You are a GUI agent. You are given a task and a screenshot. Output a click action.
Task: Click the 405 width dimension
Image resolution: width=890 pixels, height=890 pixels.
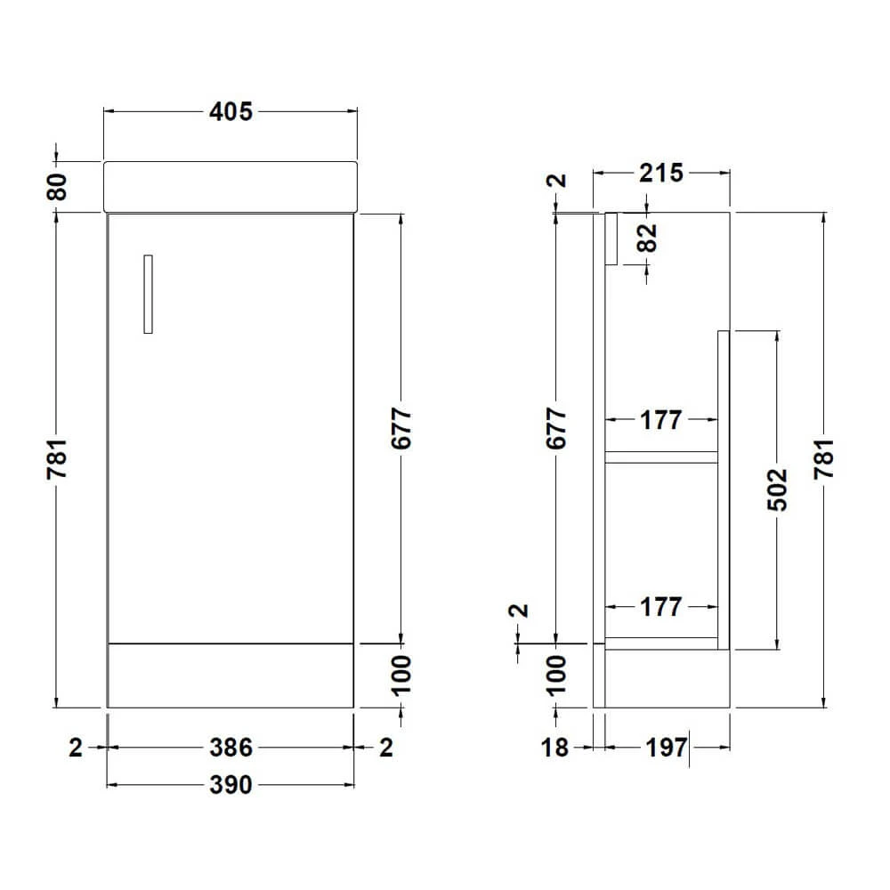[231, 111]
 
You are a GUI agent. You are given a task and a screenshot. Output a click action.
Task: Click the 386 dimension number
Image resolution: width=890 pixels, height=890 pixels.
[231, 748]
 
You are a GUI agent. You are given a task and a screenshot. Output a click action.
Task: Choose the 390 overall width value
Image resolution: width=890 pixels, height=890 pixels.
[231, 784]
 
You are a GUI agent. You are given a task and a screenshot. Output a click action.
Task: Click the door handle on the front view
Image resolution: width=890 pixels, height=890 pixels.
[148, 295]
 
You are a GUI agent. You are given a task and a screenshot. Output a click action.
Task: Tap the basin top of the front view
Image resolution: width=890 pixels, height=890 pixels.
[231, 186]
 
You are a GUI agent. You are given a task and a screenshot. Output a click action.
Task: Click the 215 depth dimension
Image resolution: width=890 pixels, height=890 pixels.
[660, 173]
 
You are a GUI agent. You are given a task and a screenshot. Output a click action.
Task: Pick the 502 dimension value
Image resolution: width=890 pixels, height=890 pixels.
[779, 489]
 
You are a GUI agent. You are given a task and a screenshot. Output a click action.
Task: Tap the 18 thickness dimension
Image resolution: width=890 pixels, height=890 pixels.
[554, 748]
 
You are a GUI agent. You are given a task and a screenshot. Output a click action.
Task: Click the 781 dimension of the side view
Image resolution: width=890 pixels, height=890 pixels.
[825, 460]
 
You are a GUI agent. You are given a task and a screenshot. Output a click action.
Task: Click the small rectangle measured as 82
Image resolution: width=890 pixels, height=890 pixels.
[611, 239]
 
